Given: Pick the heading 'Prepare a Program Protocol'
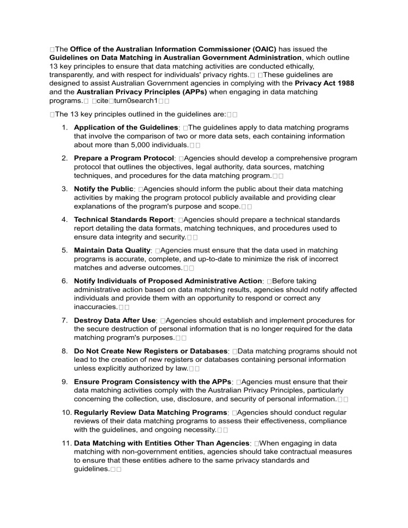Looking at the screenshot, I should click(124, 158).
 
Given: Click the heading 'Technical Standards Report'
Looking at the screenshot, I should click(124, 219).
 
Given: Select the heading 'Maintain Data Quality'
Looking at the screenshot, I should click(113, 250).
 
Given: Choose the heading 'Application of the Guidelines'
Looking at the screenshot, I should click(127, 128).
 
